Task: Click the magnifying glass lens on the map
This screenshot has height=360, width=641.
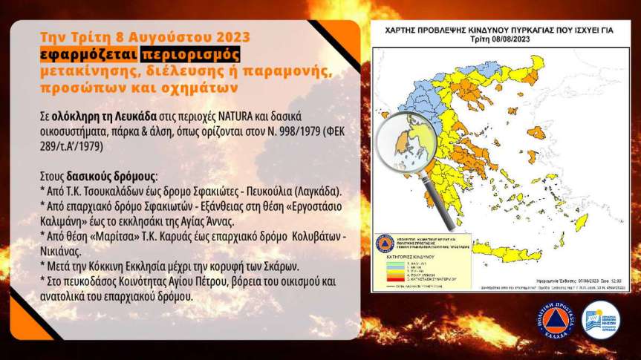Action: pos(405,140)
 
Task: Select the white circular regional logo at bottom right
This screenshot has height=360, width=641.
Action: pos(600,321)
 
